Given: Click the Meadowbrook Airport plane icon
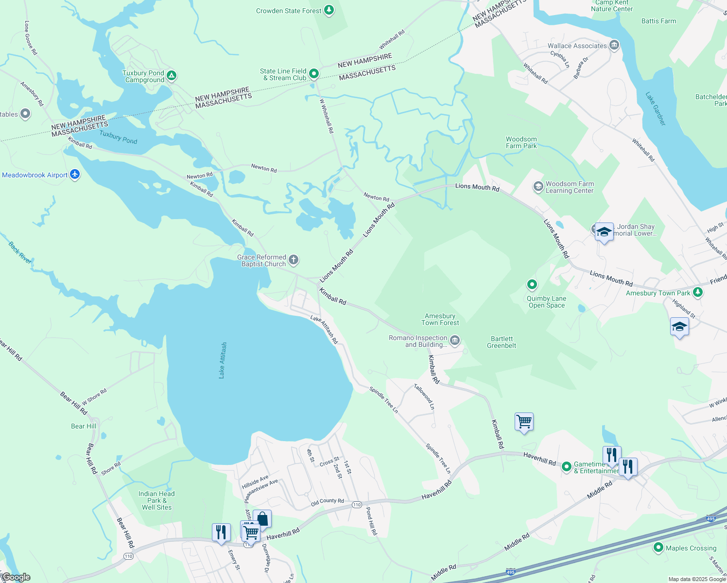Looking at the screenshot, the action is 75,174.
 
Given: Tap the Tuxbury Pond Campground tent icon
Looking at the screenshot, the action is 171,76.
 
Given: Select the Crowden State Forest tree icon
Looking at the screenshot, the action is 329,10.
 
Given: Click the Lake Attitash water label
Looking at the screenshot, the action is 222,360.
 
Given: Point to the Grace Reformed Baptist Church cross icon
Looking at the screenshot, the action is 294,260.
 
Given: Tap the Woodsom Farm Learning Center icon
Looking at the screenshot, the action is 538,187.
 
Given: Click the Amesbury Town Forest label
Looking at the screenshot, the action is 440,319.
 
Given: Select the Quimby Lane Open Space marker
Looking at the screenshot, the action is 532,284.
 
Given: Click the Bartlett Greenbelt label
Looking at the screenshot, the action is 502,342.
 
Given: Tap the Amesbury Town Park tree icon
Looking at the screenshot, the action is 698,292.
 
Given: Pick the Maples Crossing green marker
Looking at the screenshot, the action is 658,548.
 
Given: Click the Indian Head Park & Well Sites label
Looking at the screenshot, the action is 156,500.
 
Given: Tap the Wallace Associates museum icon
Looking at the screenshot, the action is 614,45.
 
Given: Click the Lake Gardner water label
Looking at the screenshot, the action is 656,109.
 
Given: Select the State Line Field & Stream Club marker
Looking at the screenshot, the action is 314,74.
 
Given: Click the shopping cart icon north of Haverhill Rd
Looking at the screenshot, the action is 524,421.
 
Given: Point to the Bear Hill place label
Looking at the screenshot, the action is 84,426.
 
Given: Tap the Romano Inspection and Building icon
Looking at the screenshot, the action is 455,341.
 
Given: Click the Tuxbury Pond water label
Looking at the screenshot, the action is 119,137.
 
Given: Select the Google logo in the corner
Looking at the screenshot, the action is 16,577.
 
